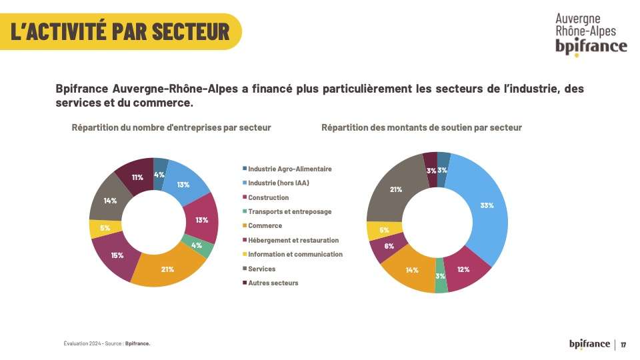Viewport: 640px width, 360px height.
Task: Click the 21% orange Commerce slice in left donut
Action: pos(167,269)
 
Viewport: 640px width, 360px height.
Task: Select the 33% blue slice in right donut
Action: pos(487,205)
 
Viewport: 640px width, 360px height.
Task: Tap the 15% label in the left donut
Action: pos(117,255)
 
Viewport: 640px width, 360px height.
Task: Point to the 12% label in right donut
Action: pos(463,269)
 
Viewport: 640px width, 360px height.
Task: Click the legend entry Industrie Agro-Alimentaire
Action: pos(289,169)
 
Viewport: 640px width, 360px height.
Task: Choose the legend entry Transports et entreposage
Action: pos(289,211)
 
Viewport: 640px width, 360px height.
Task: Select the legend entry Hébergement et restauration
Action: pos(293,240)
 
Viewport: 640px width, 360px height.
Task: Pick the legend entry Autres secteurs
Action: pos(273,283)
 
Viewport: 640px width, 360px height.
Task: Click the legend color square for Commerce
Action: pos(245,226)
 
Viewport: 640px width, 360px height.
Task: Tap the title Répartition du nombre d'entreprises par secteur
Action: pos(171,127)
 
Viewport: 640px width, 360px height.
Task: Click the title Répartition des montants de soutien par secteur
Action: pos(421,127)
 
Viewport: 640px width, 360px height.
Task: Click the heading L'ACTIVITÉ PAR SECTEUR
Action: pos(120,31)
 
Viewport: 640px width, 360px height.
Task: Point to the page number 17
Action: pos(623,345)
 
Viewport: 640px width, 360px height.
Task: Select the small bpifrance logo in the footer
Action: pos(589,344)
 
